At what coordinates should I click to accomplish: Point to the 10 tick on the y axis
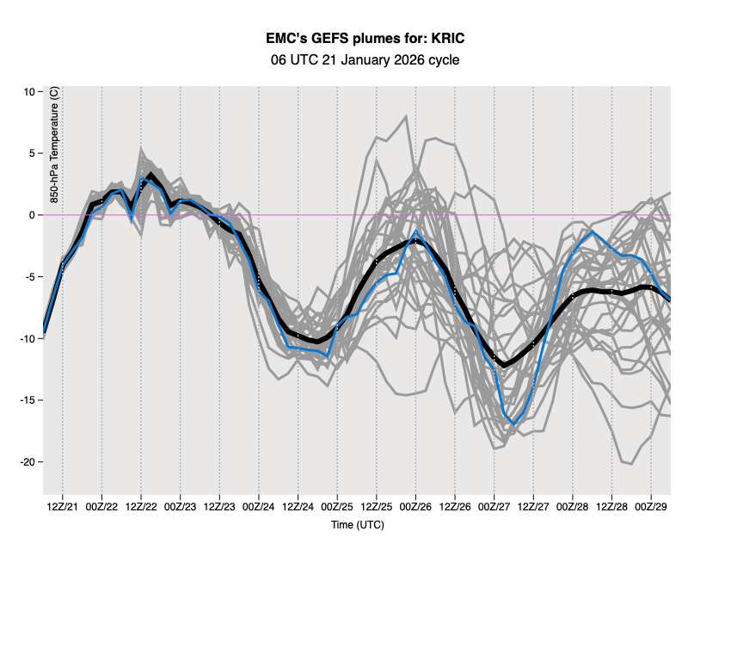[28, 92]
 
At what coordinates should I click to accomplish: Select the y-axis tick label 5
[31, 153]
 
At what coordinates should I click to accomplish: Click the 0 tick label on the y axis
[31, 215]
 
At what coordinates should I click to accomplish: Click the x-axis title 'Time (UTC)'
[358, 525]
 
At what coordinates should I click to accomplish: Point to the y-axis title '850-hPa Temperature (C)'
[54, 151]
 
